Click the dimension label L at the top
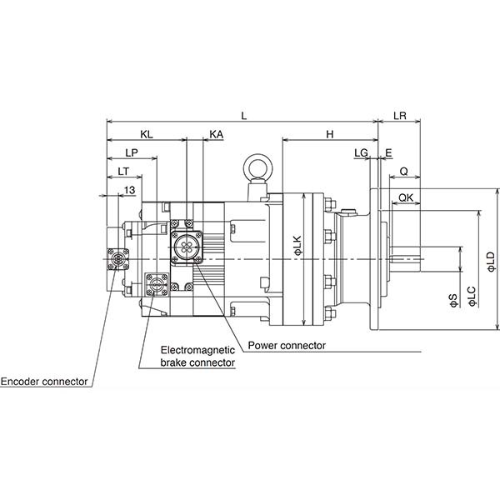(x=244, y=116)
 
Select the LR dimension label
(x=400, y=116)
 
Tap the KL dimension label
(x=147, y=134)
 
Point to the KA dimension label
(x=216, y=134)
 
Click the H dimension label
(x=330, y=134)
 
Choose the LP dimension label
(x=132, y=152)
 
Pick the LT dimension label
(x=123, y=171)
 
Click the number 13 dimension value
(x=129, y=190)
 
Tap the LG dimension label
(x=362, y=152)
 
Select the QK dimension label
(x=406, y=197)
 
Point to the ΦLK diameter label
(x=297, y=246)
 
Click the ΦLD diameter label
(x=492, y=262)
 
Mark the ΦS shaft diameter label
(x=453, y=300)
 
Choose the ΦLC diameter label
(x=472, y=297)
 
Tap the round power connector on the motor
(x=186, y=246)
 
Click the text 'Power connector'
(x=287, y=345)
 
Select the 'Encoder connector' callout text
(x=44, y=382)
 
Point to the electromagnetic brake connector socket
(x=156, y=283)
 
